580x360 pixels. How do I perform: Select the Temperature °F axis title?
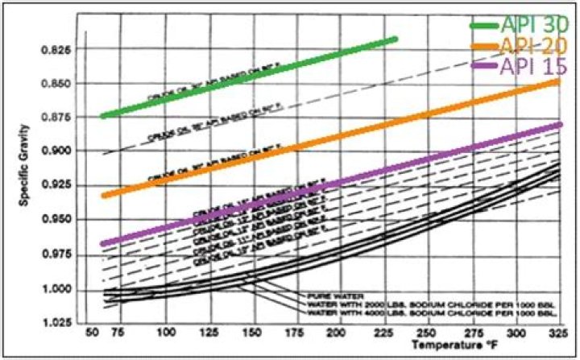click(x=451, y=344)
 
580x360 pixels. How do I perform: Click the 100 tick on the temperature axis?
click(x=166, y=332)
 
